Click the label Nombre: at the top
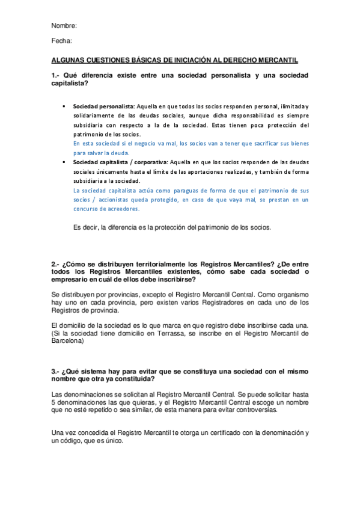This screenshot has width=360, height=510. (64, 26)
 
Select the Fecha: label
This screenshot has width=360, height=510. (62, 41)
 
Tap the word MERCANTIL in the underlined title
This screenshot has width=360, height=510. (277, 61)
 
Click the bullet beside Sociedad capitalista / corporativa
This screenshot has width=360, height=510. (63, 162)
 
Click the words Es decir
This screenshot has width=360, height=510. (85, 227)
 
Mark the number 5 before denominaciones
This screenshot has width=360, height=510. (53, 402)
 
